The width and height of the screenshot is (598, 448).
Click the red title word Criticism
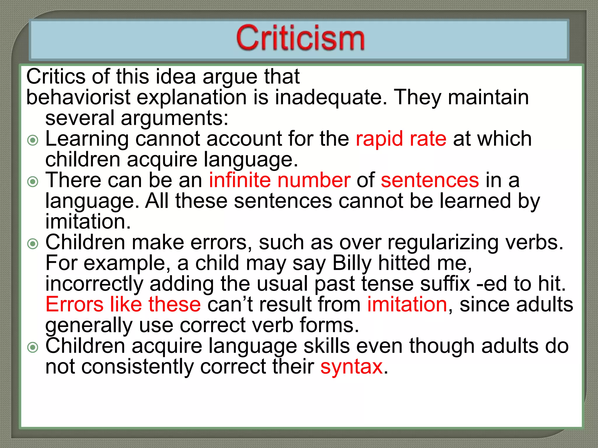tap(300, 38)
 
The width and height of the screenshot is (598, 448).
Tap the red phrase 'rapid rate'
tap(401, 139)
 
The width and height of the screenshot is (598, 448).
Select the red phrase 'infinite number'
tap(279, 180)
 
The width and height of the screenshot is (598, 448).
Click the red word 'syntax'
tap(351, 367)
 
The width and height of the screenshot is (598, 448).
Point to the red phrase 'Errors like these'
tap(123, 304)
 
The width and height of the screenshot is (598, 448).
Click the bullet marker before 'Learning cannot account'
tap(33, 140)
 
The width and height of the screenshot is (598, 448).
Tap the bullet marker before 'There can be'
tap(33, 182)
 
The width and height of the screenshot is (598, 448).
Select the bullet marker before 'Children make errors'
tap(33, 244)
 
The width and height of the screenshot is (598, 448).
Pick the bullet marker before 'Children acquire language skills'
tap(33, 347)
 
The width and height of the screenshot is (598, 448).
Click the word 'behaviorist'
tap(78, 97)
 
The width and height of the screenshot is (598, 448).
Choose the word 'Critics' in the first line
tap(56, 76)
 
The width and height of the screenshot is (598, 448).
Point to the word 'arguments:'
tap(174, 118)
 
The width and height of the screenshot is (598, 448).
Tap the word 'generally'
tap(89, 326)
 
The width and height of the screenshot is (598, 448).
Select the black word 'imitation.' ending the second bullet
tap(88, 222)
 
